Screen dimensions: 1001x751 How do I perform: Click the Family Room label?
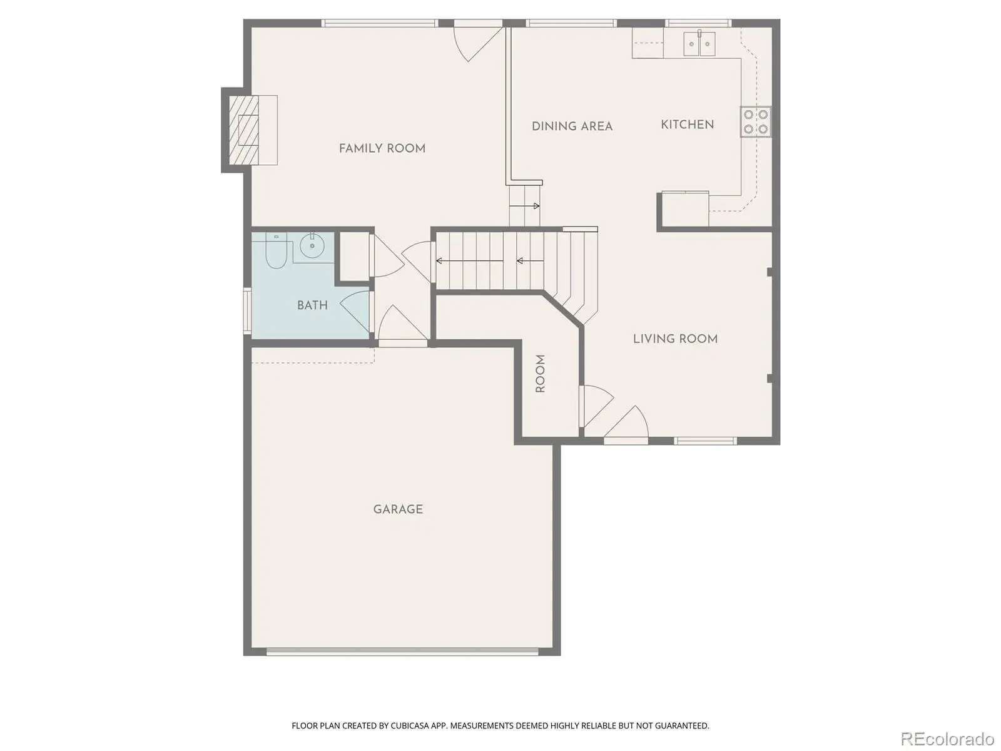click(382, 148)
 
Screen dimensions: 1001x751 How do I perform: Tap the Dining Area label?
click(572, 126)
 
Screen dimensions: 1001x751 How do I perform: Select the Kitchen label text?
click(687, 125)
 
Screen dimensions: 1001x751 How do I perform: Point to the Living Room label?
click(675, 339)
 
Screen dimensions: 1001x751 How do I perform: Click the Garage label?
click(398, 509)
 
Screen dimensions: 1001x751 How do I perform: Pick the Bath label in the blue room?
click(312, 305)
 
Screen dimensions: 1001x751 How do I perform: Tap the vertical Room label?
click(540, 374)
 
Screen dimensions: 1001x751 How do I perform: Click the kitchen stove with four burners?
click(755, 122)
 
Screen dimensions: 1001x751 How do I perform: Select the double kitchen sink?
click(699, 44)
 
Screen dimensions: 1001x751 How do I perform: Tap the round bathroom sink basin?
click(312, 246)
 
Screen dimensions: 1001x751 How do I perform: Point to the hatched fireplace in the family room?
click(243, 130)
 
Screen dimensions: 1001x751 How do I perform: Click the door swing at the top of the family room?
click(477, 44)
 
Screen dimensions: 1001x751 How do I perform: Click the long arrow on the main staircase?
click(469, 261)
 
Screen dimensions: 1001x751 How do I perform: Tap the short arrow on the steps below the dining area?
click(524, 206)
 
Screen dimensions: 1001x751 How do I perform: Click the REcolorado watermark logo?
click(947, 738)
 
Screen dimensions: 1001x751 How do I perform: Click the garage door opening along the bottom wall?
click(402, 651)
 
